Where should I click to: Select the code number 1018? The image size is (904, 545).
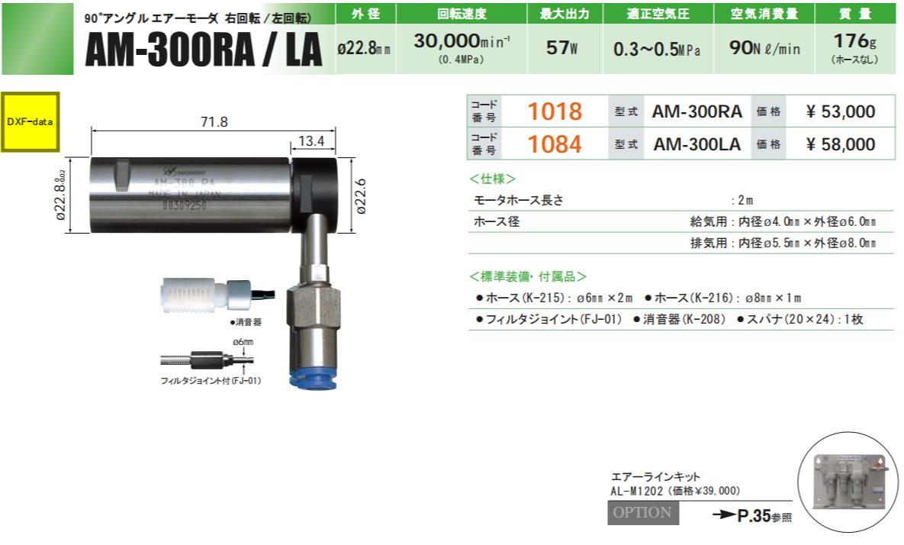[x=555, y=112]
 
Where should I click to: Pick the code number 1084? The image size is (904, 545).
[x=555, y=144]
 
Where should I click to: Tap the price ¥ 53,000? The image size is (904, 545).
[x=840, y=112]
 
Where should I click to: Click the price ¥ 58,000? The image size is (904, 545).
[x=840, y=144]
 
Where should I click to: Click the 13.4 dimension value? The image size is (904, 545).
[x=312, y=140]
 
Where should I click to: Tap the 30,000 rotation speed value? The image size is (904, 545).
[x=450, y=41]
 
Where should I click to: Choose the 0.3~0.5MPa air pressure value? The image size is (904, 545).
[x=657, y=49]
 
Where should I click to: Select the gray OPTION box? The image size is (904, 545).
[x=642, y=513]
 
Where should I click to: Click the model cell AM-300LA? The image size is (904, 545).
[x=697, y=144]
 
